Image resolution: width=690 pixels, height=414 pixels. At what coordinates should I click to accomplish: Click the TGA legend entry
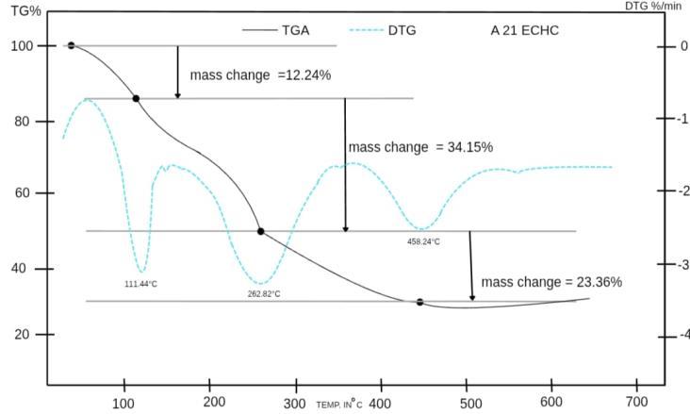(275, 30)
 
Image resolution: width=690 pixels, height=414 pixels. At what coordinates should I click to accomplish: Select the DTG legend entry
(383, 30)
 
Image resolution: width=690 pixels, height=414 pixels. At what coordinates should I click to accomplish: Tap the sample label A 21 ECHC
(524, 30)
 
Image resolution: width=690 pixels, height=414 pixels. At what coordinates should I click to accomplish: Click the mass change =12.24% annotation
(260, 75)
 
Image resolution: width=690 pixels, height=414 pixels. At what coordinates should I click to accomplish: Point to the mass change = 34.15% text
(420, 147)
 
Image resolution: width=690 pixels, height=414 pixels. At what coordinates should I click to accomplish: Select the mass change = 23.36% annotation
(551, 282)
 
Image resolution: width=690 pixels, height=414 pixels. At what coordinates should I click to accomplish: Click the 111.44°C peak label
(140, 284)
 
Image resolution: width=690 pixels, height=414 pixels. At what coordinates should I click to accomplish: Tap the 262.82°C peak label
(264, 294)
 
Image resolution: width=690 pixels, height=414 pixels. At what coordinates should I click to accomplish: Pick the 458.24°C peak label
(423, 241)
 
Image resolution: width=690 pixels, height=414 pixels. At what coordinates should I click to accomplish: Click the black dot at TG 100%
(72, 45)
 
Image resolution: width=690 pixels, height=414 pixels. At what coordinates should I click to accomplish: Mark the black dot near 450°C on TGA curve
(419, 302)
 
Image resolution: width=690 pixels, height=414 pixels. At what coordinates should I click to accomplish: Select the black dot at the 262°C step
(260, 231)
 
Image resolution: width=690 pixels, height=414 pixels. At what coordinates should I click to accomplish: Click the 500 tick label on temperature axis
(471, 404)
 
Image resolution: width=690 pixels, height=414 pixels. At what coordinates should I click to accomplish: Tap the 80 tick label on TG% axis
(22, 121)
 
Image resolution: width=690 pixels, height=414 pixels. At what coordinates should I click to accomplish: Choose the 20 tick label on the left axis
(22, 334)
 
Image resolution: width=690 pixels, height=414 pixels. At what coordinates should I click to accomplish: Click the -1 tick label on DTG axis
(683, 119)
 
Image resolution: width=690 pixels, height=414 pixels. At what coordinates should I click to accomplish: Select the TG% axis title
(26, 10)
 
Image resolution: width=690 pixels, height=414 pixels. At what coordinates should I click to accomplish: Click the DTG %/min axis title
(653, 6)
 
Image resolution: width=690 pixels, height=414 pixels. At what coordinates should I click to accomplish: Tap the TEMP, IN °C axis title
(339, 404)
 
